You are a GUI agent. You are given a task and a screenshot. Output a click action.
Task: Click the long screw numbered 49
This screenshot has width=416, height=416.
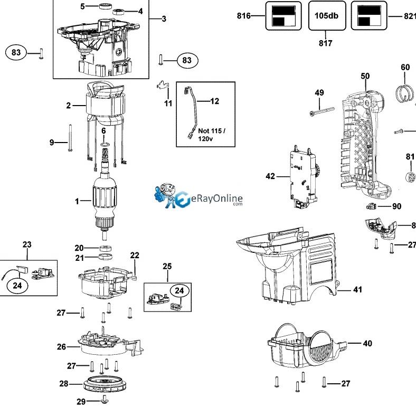coord(320,111)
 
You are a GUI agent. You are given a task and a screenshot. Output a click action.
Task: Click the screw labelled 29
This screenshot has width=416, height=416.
coord(105,401)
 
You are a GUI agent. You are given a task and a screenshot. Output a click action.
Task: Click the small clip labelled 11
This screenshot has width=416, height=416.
coord(163,85)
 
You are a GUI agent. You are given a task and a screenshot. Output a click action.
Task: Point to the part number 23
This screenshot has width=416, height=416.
coord(27,244)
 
